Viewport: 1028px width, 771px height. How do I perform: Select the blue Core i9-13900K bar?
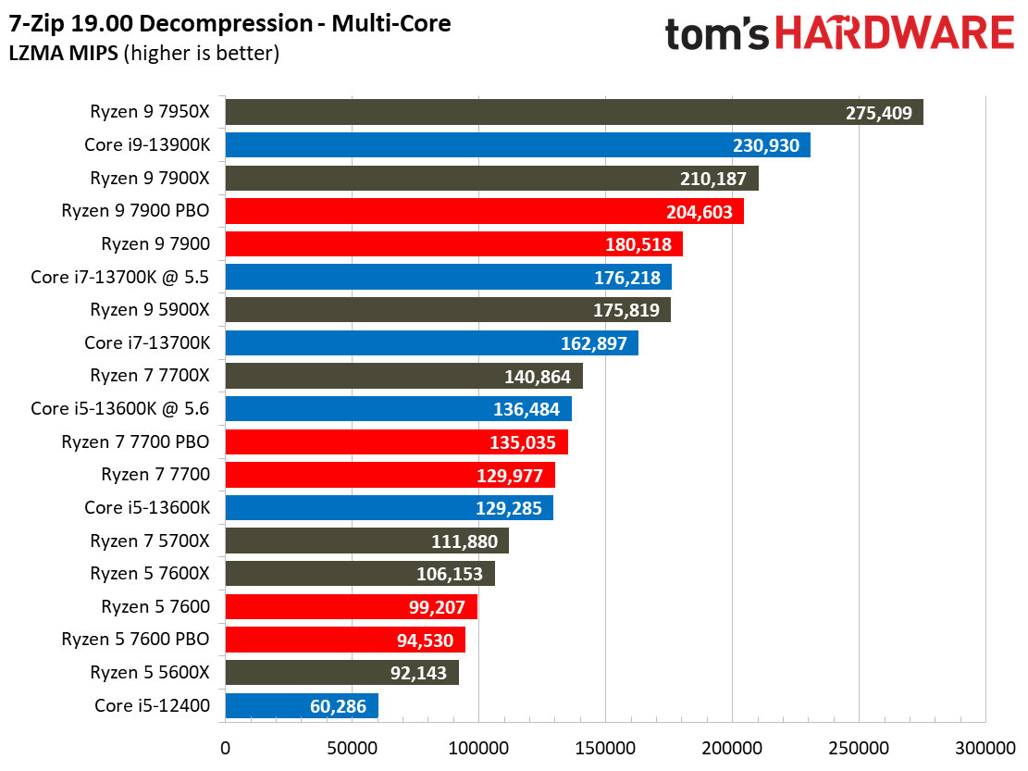517,145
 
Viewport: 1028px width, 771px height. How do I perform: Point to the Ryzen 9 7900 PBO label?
135,211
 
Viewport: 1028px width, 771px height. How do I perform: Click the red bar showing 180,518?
453,244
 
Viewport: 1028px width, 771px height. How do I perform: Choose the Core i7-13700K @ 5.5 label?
120,277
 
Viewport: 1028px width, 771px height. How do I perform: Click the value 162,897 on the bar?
594,343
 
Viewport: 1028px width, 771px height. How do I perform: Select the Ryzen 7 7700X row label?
150,376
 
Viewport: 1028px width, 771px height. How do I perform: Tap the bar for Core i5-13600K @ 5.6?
398,409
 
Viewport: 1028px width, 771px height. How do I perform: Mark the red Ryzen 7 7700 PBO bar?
396,441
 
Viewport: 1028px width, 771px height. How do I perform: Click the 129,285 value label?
509,508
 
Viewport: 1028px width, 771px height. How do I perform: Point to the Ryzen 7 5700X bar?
366,541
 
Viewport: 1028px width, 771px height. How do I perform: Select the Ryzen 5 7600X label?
150,574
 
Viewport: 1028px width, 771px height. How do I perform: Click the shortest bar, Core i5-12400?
301,706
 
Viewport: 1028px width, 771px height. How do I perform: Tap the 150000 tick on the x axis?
605,746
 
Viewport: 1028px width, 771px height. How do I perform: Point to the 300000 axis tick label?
985,746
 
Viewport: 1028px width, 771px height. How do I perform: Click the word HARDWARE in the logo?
894,34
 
